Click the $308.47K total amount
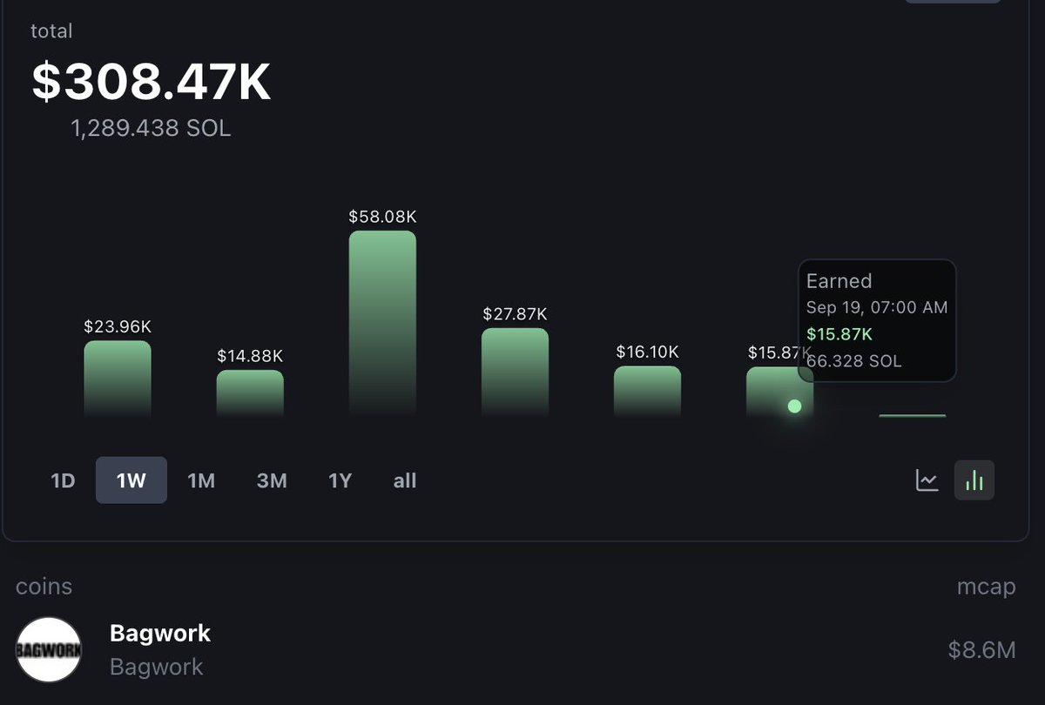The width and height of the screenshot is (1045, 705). pyautogui.click(x=152, y=82)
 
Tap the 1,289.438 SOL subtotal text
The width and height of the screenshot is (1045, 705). pyautogui.click(x=151, y=129)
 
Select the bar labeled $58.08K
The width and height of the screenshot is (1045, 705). pyautogui.click(x=382, y=322)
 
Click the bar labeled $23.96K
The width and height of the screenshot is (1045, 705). pyautogui.click(x=118, y=378)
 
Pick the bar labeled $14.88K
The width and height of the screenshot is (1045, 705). pyautogui.click(x=250, y=393)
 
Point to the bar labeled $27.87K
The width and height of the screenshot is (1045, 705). pyautogui.click(x=515, y=372)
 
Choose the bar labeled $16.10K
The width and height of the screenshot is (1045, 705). pyautogui.click(x=647, y=391)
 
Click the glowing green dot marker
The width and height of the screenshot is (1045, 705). pyautogui.click(x=794, y=406)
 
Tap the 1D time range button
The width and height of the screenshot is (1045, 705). pyautogui.click(x=63, y=480)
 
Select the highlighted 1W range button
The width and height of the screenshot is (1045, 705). pyautogui.click(x=131, y=480)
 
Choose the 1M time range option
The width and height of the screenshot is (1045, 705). pyautogui.click(x=201, y=480)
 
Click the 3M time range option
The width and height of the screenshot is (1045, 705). pyautogui.click(x=272, y=480)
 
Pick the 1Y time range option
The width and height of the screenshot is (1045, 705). pyautogui.click(x=340, y=480)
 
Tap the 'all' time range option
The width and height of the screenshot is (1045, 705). pyautogui.click(x=405, y=480)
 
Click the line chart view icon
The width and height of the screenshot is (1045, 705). pyautogui.click(x=927, y=480)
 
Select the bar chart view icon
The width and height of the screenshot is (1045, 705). pyautogui.click(x=974, y=480)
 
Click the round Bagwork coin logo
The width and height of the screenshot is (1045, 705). pyautogui.click(x=49, y=649)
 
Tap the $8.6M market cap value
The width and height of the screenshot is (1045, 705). pyautogui.click(x=981, y=649)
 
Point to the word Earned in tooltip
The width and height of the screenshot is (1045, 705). pyautogui.click(x=839, y=281)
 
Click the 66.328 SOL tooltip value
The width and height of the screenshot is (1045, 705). pyautogui.click(x=855, y=360)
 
